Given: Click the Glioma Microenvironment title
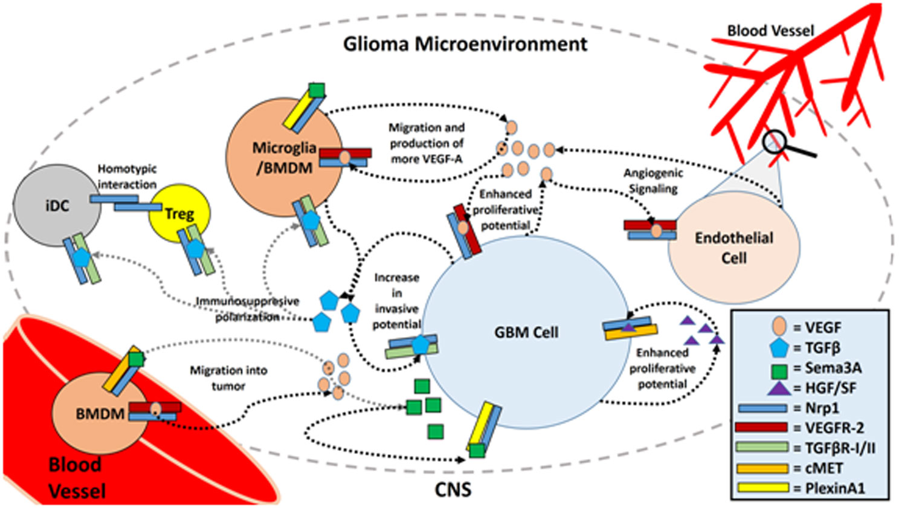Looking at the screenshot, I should (465, 44).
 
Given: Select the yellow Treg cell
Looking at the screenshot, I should (179, 213).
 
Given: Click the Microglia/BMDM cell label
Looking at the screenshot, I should (284, 158).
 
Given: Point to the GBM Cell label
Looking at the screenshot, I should (526, 332).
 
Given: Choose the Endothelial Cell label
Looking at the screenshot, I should (733, 248).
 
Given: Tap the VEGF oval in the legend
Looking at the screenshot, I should (779, 327).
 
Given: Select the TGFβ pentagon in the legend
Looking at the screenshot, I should (779, 348).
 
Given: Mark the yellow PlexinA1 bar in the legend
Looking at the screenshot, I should (762, 487).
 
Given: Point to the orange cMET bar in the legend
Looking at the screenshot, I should (762, 468).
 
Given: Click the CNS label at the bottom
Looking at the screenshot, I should (453, 489).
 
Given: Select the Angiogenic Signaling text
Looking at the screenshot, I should (653, 181).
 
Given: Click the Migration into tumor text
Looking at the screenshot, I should (228, 378).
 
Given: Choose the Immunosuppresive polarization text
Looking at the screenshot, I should (247, 309).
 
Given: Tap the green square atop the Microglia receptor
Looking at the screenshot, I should (316, 91).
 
